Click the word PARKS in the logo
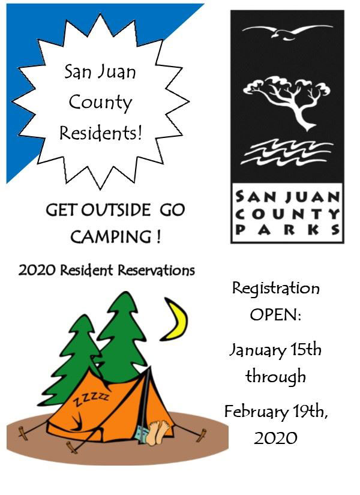click(287, 230)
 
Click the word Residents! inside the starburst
click(101, 133)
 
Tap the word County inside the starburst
click(100, 103)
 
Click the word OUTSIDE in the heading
click(116, 210)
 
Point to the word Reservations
click(157, 270)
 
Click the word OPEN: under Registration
click(275, 314)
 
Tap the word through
click(275, 377)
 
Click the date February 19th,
click(276, 412)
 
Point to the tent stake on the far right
click(201, 435)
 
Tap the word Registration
click(276, 289)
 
